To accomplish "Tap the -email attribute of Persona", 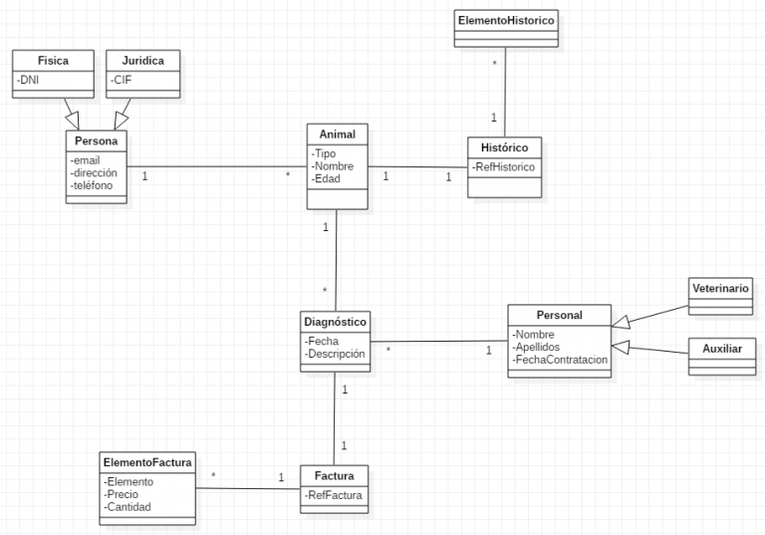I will click(87, 159).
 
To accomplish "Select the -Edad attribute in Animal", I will click(328, 178).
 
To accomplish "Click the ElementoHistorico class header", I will click(505, 20).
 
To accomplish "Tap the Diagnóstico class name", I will click(336, 322).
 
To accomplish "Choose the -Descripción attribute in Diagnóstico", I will click(336, 354).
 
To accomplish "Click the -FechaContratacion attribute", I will click(560, 360).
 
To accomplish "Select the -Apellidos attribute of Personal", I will click(538, 347).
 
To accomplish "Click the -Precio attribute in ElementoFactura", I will click(123, 493).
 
